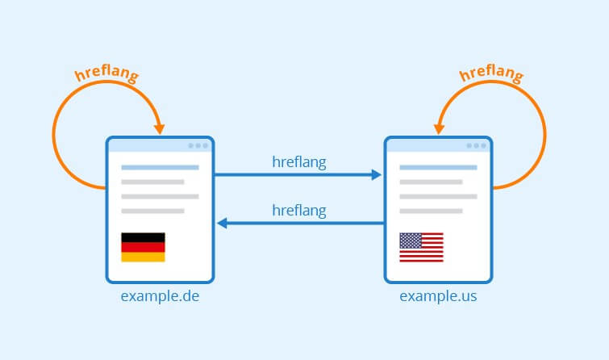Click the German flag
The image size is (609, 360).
143,247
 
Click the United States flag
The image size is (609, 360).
421,247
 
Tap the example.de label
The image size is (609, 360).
160,296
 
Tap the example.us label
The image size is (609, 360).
438,296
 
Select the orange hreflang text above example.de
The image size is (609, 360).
106,73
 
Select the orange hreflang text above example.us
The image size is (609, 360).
491,73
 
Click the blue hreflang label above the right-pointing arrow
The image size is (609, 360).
299,162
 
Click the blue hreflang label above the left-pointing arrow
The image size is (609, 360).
299,211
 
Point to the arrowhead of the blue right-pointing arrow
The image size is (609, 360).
376,175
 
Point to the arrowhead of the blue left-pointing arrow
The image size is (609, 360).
222,223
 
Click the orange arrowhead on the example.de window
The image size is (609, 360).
159,129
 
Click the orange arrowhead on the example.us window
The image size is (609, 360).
439,129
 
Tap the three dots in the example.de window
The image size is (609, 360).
198,146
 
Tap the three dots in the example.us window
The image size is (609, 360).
476,146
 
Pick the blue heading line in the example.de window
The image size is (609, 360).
160,168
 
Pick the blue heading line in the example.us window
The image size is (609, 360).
438,168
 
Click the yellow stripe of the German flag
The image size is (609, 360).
143,257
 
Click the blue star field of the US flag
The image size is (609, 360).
411,241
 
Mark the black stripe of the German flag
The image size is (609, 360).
143,237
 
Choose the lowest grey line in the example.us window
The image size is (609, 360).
431,211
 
